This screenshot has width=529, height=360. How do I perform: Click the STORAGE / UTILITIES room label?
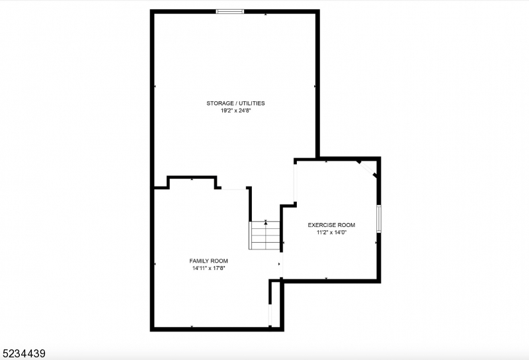pyautogui.click(x=235, y=103)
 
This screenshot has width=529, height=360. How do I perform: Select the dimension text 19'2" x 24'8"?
pyautogui.click(x=235, y=111)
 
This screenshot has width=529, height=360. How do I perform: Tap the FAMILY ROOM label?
pyautogui.click(x=208, y=261)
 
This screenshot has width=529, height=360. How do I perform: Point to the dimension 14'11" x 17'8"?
pyautogui.click(x=208, y=269)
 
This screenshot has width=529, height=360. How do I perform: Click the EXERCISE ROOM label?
pyautogui.click(x=331, y=225)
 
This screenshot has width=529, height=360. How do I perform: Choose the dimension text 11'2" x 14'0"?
pyautogui.click(x=331, y=233)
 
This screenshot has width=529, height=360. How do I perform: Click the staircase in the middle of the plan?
pyautogui.click(x=265, y=236)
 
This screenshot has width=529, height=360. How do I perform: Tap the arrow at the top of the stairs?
pyautogui.click(x=266, y=223)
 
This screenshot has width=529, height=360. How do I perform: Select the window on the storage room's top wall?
pyautogui.click(x=230, y=11)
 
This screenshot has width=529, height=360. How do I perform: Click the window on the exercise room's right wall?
pyautogui.click(x=379, y=219)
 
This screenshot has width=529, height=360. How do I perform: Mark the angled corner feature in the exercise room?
pyautogui.click(x=367, y=168)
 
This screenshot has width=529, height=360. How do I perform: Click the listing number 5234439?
pyautogui.click(x=23, y=354)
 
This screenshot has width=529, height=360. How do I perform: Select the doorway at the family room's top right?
pyautogui.click(x=233, y=189)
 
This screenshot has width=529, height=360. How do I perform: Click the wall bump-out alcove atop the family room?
pyautogui.click(x=192, y=182)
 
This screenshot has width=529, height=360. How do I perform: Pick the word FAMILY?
pyautogui.click(x=200, y=261)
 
